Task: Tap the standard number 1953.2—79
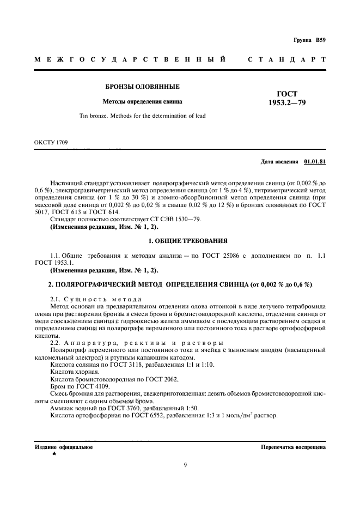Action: tap(287, 102)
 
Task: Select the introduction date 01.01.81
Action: tap(315, 162)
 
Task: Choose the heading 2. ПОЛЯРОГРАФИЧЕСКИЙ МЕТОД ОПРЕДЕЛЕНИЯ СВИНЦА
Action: tap(180, 284)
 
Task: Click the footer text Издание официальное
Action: tap(64, 447)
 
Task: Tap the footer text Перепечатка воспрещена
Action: tap(294, 447)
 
